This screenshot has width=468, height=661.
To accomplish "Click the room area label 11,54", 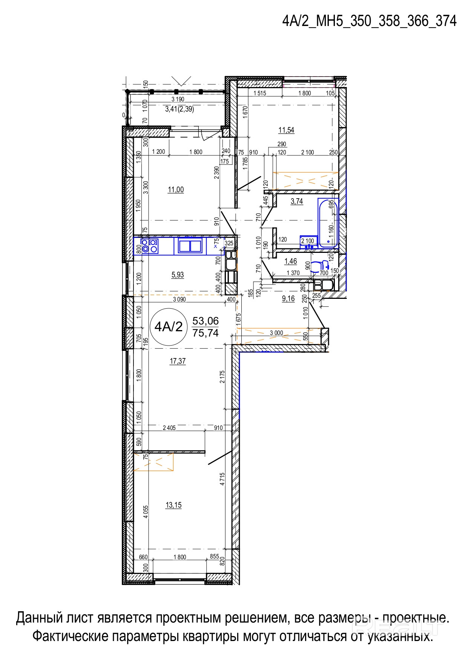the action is point(286,130).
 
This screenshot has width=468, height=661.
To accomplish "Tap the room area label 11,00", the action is point(176,190).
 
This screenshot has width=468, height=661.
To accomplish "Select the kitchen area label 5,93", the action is point(178,275).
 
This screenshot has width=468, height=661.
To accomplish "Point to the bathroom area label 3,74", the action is point(297,201).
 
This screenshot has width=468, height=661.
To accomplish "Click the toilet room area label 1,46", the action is point(291,261).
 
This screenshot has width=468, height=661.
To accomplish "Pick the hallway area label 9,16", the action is point(288,299).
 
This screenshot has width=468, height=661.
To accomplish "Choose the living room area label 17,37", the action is point(178,361).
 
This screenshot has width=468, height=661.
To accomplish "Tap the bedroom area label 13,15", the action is point(173,505).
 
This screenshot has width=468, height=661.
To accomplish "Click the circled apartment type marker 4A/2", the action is point(168,326).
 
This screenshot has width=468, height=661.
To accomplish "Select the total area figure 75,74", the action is point(206,333).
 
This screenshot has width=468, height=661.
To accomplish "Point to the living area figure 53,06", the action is point(206,321).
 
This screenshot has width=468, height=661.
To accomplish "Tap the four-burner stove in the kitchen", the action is point(149,246).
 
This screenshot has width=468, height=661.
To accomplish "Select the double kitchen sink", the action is point(190,246).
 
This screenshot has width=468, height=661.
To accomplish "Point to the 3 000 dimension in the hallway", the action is point(276,333).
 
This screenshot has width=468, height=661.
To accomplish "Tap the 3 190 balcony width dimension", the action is point(178,99).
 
